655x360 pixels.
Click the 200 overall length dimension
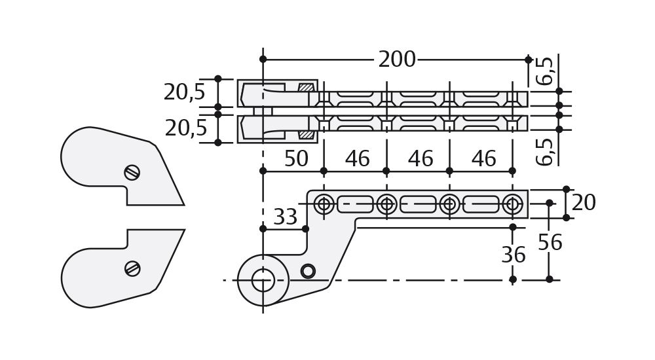(x=396, y=60)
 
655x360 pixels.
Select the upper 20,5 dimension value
(x=184, y=92)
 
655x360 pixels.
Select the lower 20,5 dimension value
(x=185, y=128)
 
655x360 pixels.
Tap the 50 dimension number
(x=296, y=159)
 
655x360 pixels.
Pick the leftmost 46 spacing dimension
(x=357, y=159)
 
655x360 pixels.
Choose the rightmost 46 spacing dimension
(x=483, y=159)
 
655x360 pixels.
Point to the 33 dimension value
(x=285, y=217)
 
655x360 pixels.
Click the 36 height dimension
(x=513, y=255)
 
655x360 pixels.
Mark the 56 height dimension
(x=550, y=243)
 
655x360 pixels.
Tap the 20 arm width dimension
(x=583, y=204)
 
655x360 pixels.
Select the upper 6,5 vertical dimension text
(x=545, y=71)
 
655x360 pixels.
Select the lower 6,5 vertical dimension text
(x=545, y=151)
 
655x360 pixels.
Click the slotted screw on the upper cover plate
(x=132, y=172)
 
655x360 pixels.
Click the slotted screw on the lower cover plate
(x=132, y=268)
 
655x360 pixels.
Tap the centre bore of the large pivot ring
(x=263, y=280)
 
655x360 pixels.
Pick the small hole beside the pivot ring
(x=308, y=271)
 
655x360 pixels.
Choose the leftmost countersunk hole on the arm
(x=324, y=204)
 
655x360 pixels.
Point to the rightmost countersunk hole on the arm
(x=512, y=204)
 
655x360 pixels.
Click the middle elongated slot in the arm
(x=418, y=204)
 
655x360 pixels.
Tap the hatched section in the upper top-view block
(x=306, y=87)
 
